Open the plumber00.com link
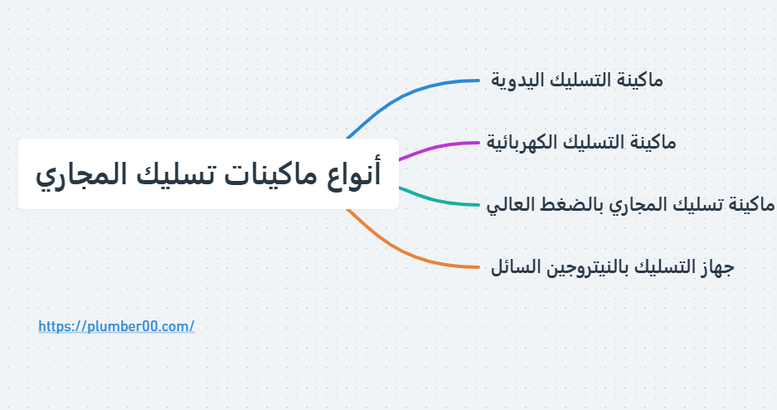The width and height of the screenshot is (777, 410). (x=116, y=326)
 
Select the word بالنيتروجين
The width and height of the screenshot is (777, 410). (x=596, y=267)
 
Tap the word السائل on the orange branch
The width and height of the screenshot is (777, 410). (x=515, y=267)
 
